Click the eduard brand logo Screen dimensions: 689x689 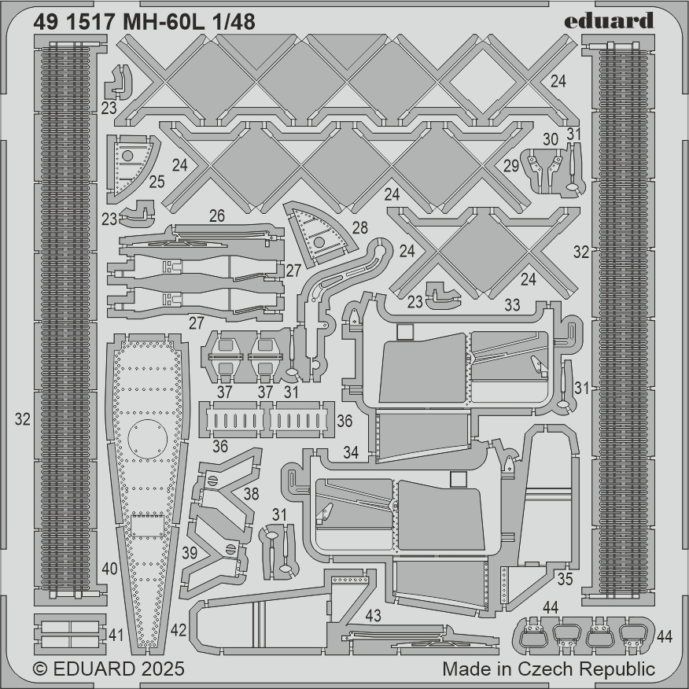tap(609, 20)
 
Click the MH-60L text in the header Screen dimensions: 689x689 tap(164, 22)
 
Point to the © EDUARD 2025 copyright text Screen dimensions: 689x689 tap(109, 669)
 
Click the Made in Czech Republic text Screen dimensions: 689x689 tap(548, 669)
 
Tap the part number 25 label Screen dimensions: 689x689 tap(157, 182)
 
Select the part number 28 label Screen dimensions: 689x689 tap(360, 227)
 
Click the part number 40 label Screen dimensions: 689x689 tap(109, 569)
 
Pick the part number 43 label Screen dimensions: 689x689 tap(373, 616)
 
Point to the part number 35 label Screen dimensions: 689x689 tap(565, 579)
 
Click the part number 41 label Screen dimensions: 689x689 tap(116, 635)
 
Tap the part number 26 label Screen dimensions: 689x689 tap(217, 216)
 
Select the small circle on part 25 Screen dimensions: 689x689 tap(127, 156)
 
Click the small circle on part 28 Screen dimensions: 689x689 tap(319, 241)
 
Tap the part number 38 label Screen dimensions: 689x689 tap(251, 494)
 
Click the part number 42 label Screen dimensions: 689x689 tap(179, 630)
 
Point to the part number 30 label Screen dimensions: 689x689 tap(551, 139)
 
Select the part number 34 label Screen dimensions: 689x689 tap(351, 452)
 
